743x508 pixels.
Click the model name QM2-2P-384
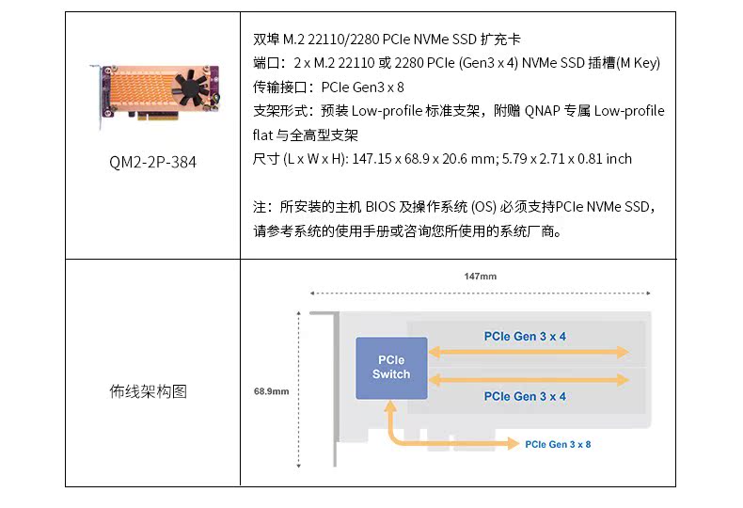click(153, 162)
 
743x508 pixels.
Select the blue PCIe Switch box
click(391, 367)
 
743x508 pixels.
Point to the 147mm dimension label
click(480, 277)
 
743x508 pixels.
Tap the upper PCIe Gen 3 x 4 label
click(525, 336)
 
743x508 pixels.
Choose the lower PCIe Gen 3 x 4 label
click(525, 396)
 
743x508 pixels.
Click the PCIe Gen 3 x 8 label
click(558, 444)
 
